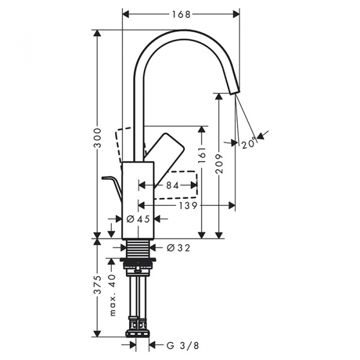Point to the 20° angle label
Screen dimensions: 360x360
point(249,142)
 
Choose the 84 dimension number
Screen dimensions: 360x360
point(173,186)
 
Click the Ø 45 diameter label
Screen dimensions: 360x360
point(139,220)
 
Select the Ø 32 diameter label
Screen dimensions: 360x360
point(178,247)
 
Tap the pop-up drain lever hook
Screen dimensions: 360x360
point(113,182)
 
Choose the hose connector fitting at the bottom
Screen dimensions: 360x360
point(139,329)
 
